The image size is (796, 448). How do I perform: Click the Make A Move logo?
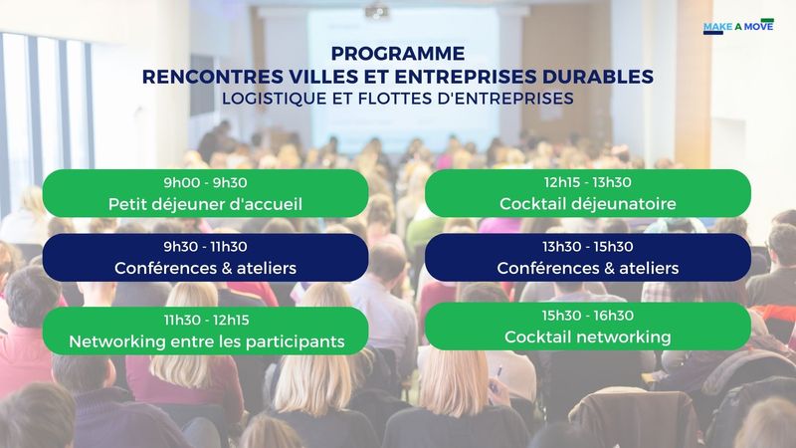click(738, 26)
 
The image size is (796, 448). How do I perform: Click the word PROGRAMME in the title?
click(397, 54)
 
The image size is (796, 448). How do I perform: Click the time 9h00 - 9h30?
click(205, 182)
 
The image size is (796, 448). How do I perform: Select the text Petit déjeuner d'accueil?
click(205, 204)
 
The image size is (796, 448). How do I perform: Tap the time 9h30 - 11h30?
click(205, 246)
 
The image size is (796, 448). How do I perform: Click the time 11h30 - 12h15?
click(206, 320)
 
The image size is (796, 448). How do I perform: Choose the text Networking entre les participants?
click(207, 341)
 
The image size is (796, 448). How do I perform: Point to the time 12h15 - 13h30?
click(587, 182)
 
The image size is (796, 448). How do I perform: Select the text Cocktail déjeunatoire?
click(587, 204)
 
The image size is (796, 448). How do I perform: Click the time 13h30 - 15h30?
click(587, 246)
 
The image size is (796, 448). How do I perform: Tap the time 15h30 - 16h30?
click(587, 315)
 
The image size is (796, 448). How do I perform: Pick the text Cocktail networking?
click(587, 336)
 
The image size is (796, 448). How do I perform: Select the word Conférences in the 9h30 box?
click(158, 268)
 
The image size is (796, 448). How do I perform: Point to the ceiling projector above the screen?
click(377, 10)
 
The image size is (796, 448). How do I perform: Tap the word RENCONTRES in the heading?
click(213, 77)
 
